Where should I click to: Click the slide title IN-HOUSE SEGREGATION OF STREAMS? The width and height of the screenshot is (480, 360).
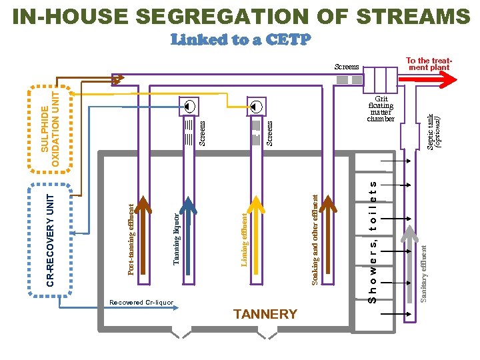[240, 16]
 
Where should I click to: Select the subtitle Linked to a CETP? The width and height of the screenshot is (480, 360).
[240, 40]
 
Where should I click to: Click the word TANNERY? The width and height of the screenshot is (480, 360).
[265, 314]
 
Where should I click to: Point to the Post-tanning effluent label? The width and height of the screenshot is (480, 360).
[131, 239]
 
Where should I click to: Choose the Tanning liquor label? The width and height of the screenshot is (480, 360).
[176, 239]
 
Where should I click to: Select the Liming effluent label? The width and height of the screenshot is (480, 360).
[245, 239]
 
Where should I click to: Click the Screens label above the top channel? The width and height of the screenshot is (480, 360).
[346, 67]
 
